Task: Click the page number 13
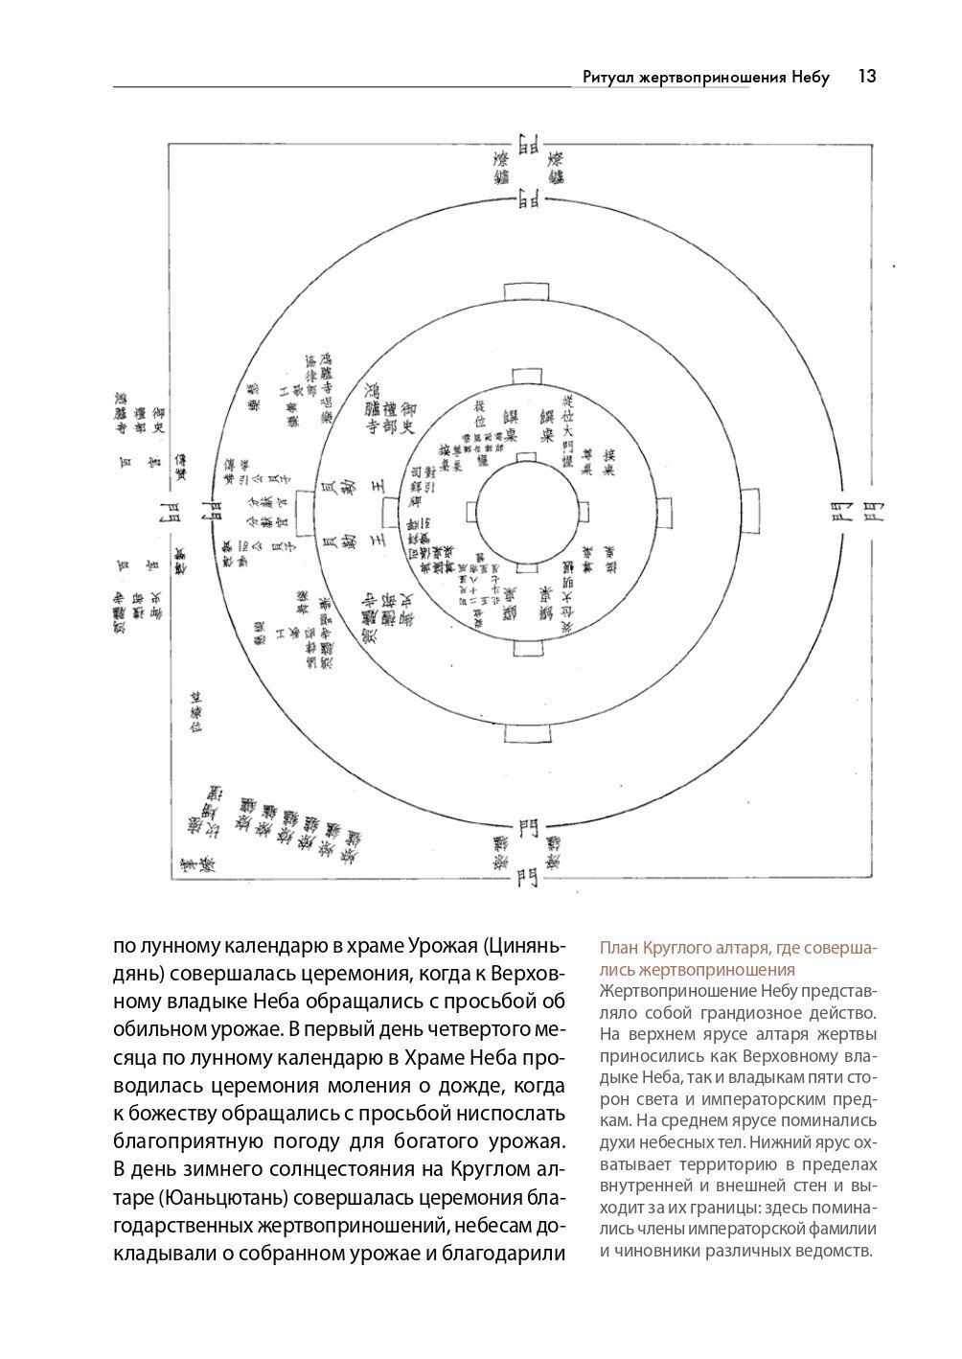pos(867,77)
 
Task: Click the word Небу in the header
pos(811,77)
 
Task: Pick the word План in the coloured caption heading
pos(619,949)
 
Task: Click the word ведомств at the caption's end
pos(836,1251)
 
